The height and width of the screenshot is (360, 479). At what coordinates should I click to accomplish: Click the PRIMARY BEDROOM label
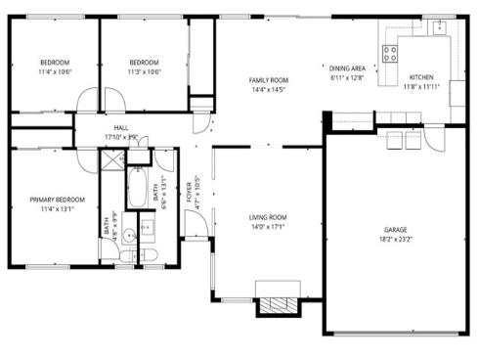(x=57, y=200)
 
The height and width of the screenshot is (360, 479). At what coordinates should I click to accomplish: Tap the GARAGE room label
(x=395, y=228)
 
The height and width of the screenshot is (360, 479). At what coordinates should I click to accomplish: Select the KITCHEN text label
(x=421, y=76)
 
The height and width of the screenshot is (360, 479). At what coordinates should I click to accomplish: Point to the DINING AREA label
(x=346, y=67)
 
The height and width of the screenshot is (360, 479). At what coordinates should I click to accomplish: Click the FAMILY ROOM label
(x=268, y=80)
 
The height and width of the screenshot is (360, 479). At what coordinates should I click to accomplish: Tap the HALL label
(x=121, y=127)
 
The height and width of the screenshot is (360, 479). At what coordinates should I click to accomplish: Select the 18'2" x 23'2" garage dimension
(x=395, y=238)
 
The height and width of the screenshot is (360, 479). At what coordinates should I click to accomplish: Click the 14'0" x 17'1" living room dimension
(x=267, y=227)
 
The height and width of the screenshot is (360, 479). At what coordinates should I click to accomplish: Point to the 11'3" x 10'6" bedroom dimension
(x=144, y=71)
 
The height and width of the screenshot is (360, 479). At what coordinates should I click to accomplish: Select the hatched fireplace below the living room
(x=276, y=304)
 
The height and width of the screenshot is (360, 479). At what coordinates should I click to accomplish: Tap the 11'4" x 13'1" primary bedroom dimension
(x=57, y=209)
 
